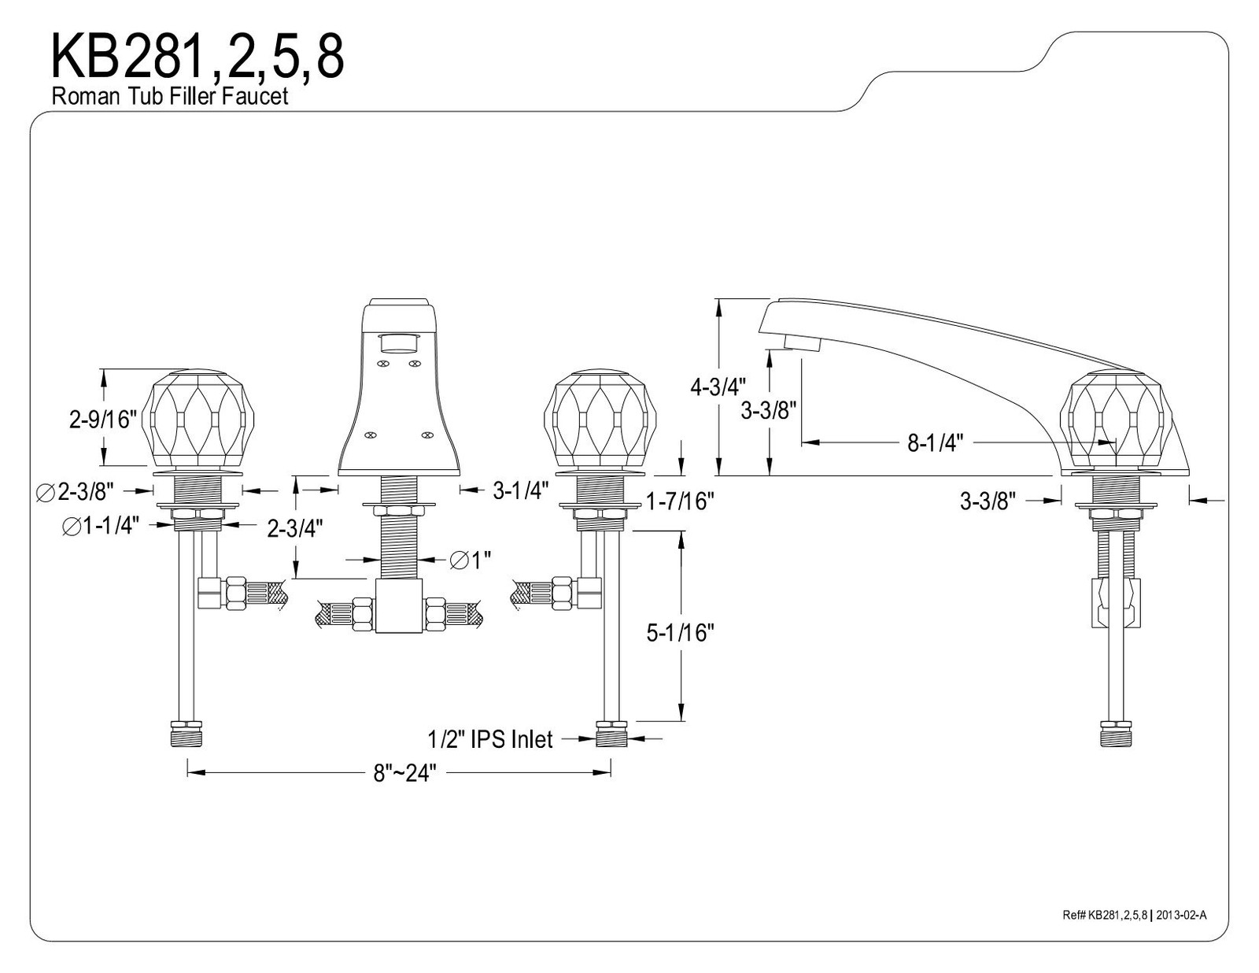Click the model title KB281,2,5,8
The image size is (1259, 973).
[198, 56]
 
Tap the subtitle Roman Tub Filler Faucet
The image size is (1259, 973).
[170, 95]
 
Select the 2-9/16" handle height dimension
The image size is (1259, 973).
[102, 419]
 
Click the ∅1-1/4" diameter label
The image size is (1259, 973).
[101, 526]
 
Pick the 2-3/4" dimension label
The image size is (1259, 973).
[294, 528]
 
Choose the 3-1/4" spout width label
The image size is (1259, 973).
[520, 491]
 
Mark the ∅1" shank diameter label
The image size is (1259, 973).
[470, 560]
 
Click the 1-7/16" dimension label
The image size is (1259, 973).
[680, 501]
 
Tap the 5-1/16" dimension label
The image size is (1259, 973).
[680, 633]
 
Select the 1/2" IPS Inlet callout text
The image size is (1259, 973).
[490, 739]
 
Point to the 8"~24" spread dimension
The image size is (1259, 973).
[404, 772]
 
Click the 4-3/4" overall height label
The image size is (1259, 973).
[718, 387]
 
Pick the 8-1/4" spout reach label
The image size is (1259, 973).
[935, 443]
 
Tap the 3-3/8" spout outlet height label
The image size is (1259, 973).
[769, 411]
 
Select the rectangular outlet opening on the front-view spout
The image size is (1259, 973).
[399, 344]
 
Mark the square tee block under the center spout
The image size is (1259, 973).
[399, 605]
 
